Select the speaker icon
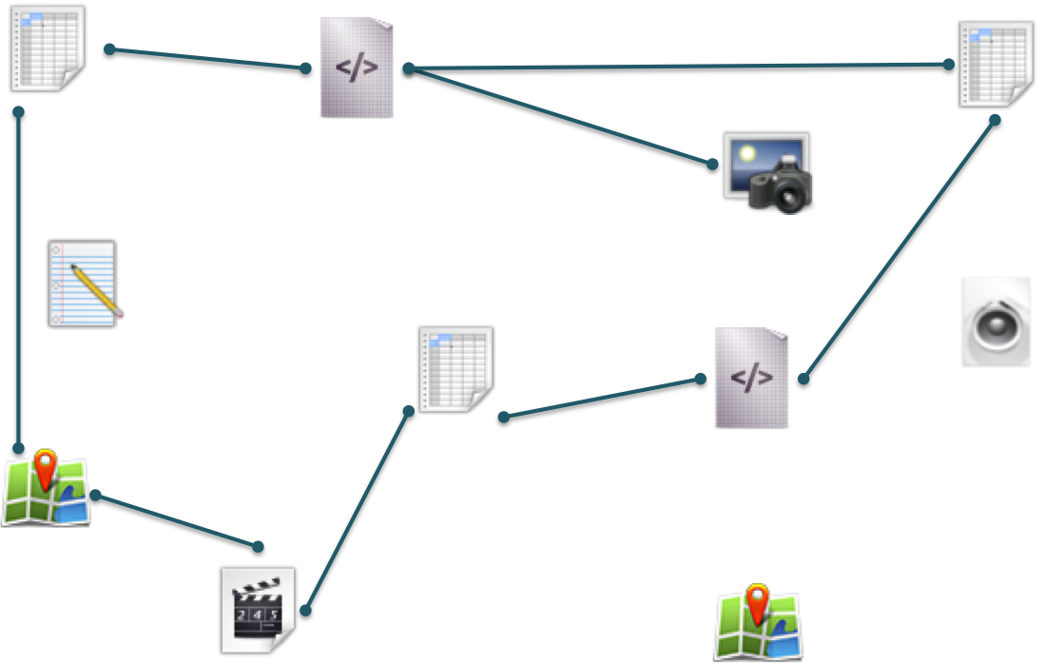click(x=996, y=322)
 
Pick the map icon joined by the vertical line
click(x=46, y=492)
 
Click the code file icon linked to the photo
click(x=357, y=67)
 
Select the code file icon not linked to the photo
click(x=751, y=378)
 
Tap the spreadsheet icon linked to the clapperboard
click(x=455, y=368)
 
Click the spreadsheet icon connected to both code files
click(x=996, y=64)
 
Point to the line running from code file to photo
click(x=561, y=116)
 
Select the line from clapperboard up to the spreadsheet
click(x=358, y=510)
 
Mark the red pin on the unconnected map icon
click(x=757, y=599)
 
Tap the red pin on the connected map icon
click(x=45, y=468)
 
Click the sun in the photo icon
click(x=746, y=151)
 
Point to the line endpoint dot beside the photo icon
click(x=712, y=164)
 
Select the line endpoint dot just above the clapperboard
click(x=258, y=546)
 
